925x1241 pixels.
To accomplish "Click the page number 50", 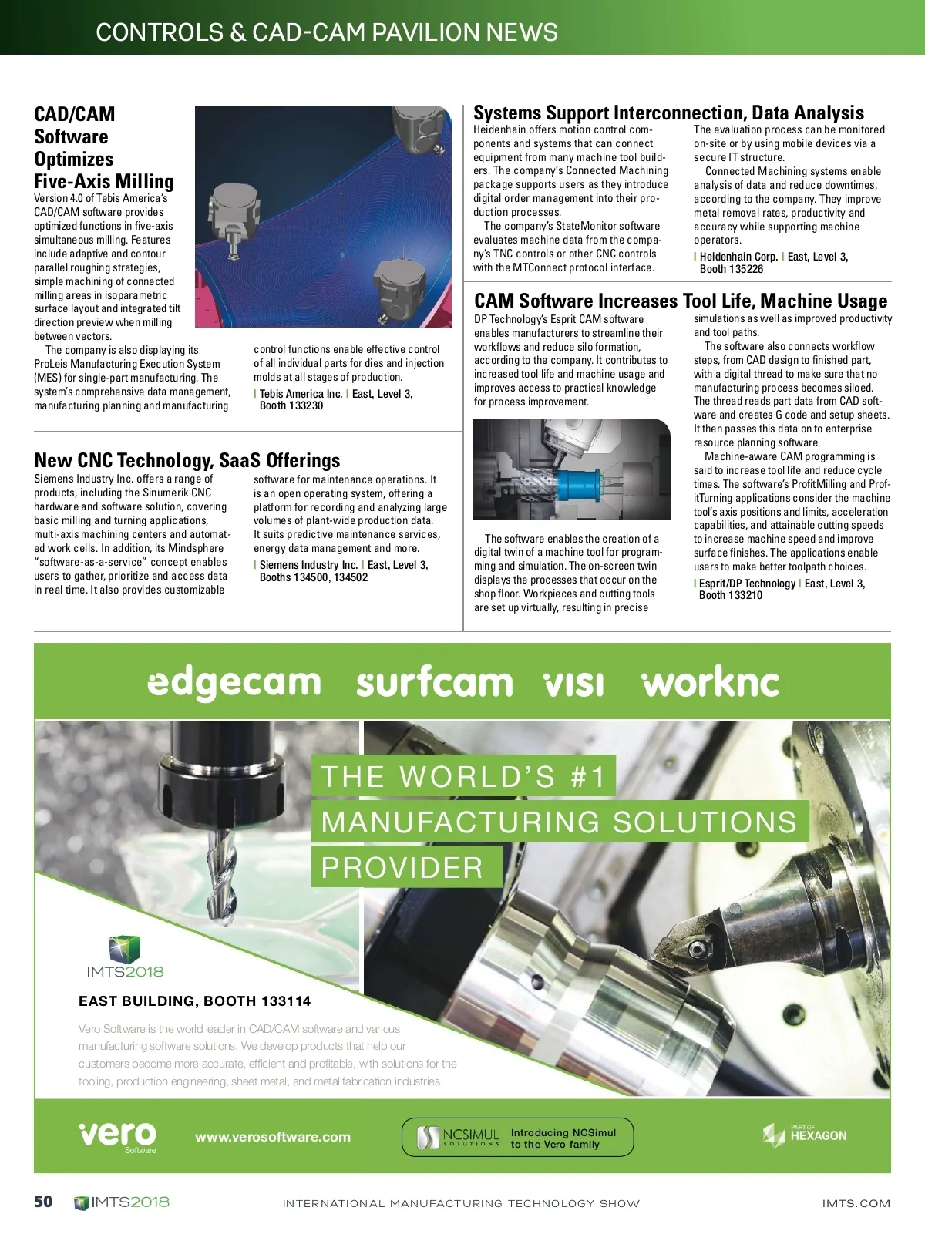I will (x=43, y=1201).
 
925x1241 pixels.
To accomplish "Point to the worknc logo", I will (x=710, y=682).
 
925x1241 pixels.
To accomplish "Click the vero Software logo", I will (x=118, y=1135).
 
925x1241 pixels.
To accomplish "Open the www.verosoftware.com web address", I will (x=272, y=1137).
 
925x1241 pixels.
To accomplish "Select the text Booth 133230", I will (x=291, y=405).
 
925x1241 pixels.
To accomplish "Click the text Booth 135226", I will (x=732, y=269).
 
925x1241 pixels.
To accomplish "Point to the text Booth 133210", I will (x=731, y=595).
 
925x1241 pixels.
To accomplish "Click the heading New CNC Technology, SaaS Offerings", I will (x=187, y=460).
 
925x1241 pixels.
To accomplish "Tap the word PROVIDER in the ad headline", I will (x=402, y=868).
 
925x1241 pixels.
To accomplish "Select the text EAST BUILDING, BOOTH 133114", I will (x=194, y=1001).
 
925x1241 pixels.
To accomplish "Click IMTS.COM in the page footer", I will (x=856, y=1203).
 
